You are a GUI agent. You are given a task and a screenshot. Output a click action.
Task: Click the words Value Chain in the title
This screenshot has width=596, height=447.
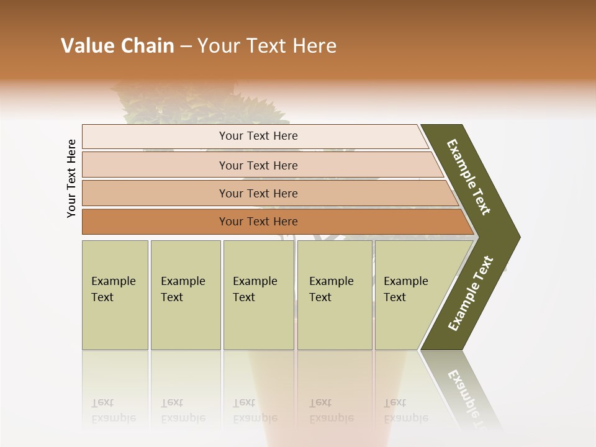pos(117,46)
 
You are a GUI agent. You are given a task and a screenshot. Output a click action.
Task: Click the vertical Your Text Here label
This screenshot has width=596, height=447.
pos(71,178)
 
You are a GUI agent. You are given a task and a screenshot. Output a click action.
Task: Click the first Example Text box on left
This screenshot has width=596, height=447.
pos(115,295)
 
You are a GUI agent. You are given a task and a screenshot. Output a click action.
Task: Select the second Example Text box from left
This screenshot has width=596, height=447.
pos(185,295)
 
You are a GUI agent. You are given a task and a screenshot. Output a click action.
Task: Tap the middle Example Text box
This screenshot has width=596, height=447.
pos(258,295)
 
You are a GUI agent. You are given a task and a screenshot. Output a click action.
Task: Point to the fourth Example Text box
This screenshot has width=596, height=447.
pos(334,295)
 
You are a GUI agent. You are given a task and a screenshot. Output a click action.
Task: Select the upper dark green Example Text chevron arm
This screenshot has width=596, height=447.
pos(469,177)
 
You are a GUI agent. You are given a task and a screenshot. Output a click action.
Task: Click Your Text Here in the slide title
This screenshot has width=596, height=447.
pos(267,46)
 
